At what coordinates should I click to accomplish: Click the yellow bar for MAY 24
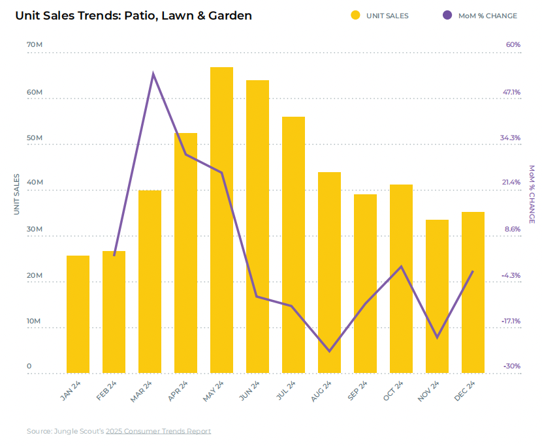[x=221, y=222]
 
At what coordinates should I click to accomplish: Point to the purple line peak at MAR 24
[x=153, y=73]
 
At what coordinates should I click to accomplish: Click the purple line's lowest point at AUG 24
[x=329, y=351]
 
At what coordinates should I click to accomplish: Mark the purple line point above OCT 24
[x=402, y=266]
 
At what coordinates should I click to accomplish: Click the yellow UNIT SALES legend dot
[x=355, y=16]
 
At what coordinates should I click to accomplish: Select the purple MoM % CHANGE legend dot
[x=447, y=16]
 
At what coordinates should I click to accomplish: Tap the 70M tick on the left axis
[x=35, y=45]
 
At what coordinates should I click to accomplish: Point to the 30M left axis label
[x=35, y=230]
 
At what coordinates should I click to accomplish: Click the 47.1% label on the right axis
[x=511, y=92]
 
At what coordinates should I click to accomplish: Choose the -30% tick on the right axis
[x=511, y=366]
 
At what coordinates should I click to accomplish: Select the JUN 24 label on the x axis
[x=249, y=391]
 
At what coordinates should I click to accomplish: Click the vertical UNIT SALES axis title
[x=17, y=194]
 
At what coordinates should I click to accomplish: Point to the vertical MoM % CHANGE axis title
[x=532, y=194]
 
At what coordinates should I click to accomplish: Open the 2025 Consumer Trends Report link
[x=159, y=431]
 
